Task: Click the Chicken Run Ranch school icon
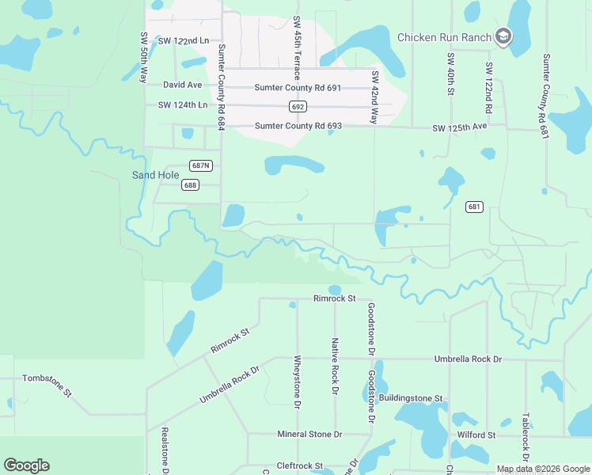click(503, 36)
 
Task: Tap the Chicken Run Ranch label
click(444, 36)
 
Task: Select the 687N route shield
click(201, 165)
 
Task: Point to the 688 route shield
click(189, 184)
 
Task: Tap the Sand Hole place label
click(155, 175)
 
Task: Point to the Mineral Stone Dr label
click(309, 434)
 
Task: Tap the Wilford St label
click(476, 435)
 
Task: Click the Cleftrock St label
click(300, 465)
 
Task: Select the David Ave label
click(183, 84)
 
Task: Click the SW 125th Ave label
click(459, 127)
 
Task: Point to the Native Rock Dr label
click(335, 367)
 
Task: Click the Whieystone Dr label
click(298, 382)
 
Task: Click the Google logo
click(26, 465)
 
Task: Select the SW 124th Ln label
click(182, 104)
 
